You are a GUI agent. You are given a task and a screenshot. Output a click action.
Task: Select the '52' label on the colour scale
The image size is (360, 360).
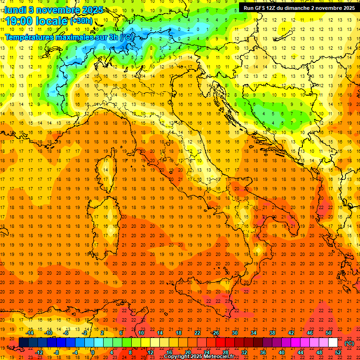(x=338, y=352)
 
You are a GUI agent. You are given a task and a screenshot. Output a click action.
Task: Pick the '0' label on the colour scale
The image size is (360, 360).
(x=93, y=352)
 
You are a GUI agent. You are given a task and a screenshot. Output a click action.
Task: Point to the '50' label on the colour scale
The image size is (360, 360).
(x=329, y=333)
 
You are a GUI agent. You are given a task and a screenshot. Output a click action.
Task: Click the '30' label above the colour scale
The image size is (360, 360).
(x=235, y=333)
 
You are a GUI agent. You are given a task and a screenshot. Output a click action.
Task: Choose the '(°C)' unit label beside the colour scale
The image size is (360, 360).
(x=349, y=343)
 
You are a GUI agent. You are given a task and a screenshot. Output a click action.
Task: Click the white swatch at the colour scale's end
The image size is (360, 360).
(x=333, y=343)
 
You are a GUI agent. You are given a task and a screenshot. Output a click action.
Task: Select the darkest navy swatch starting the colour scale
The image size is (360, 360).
(x=23, y=343)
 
